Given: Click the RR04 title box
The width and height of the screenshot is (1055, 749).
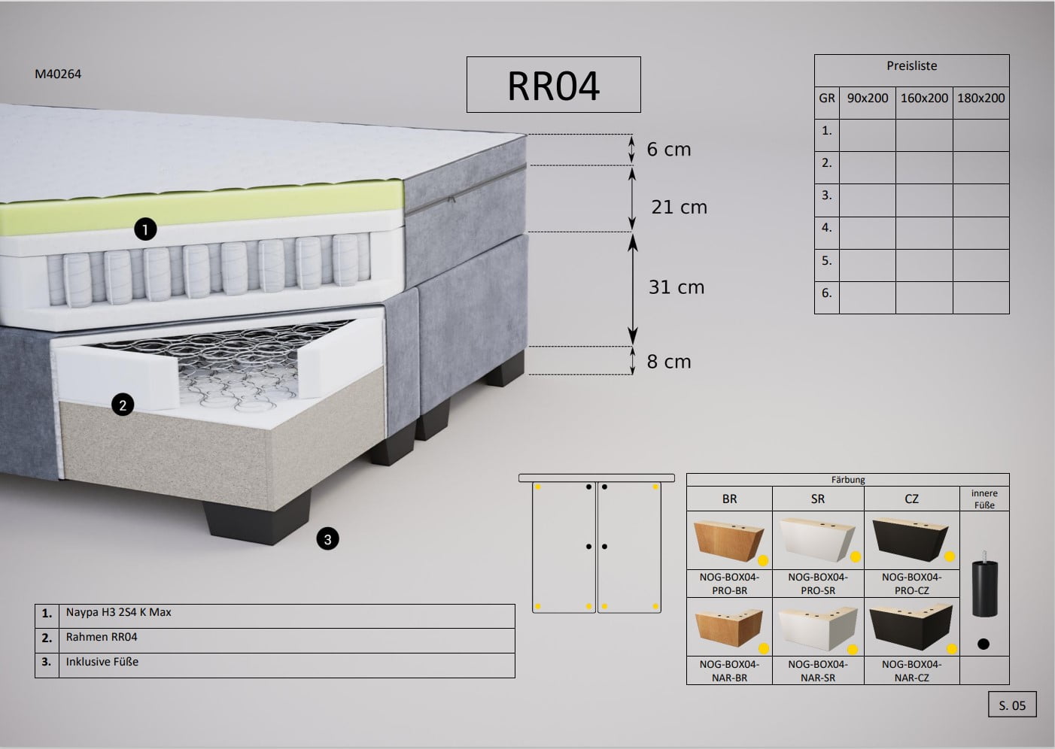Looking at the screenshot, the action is point(553,85).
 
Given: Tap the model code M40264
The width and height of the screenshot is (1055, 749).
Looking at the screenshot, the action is point(58,74).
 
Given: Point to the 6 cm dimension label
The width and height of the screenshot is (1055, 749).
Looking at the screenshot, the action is point(669,149).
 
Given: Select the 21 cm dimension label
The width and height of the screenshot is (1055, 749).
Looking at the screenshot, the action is point(680,207).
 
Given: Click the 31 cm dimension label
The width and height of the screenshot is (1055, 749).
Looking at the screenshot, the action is point(676,287).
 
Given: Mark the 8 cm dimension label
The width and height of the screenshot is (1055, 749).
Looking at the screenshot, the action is point(669,362).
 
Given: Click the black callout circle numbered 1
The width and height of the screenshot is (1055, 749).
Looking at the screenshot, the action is point(145,229).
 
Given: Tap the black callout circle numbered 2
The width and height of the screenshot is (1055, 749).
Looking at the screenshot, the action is point(123,405).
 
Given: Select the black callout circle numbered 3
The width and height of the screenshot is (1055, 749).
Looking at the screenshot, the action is point(328,539).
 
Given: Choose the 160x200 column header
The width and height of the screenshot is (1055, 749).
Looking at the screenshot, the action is point(924,99).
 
